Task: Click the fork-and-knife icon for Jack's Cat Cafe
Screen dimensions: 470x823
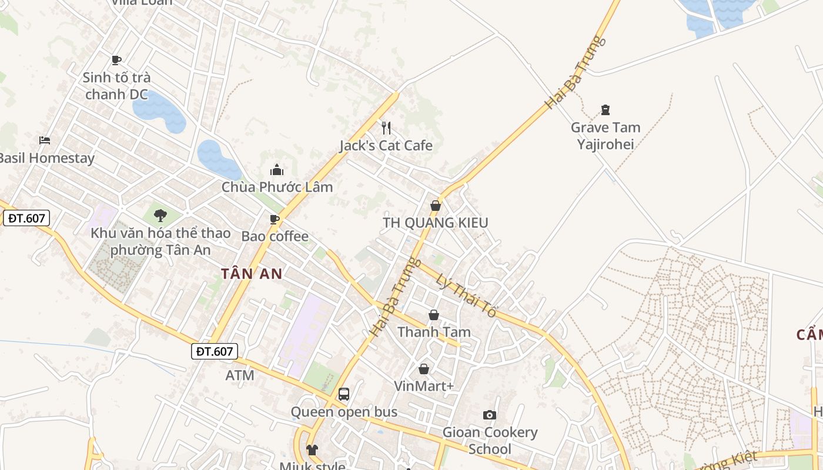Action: tap(386, 127)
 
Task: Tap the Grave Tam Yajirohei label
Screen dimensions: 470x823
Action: tap(605, 136)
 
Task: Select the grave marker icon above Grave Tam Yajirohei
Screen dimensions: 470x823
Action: tap(605, 109)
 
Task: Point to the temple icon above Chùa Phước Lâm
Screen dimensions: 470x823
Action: tap(277, 170)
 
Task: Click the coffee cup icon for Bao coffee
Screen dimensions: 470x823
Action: tap(274, 219)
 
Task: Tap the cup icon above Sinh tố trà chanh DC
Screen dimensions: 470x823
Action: tap(116, 60)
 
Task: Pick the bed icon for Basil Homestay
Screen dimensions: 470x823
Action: tap(45, 140)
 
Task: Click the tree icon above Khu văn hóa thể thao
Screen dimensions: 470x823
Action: tap(160, 216)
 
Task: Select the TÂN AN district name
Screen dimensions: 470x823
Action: tap(252, 273)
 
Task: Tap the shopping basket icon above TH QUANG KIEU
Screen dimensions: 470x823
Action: tap(435, 206)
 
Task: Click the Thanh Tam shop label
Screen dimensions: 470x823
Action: tap(434, 332)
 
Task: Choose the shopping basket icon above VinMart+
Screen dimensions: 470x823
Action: tap(423, 369)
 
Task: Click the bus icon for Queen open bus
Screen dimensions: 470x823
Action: tap(344, 394)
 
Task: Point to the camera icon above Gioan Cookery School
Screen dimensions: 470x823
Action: tap(489, 415)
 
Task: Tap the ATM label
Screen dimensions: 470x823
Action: tap(240, 375)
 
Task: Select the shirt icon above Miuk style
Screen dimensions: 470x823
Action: tap(312, 450)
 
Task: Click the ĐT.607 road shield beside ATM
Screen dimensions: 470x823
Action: tap(215, 351)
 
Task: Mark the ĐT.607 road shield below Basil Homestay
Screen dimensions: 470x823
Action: tap(26, 218)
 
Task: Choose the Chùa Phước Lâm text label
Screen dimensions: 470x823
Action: tap(277, 187)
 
